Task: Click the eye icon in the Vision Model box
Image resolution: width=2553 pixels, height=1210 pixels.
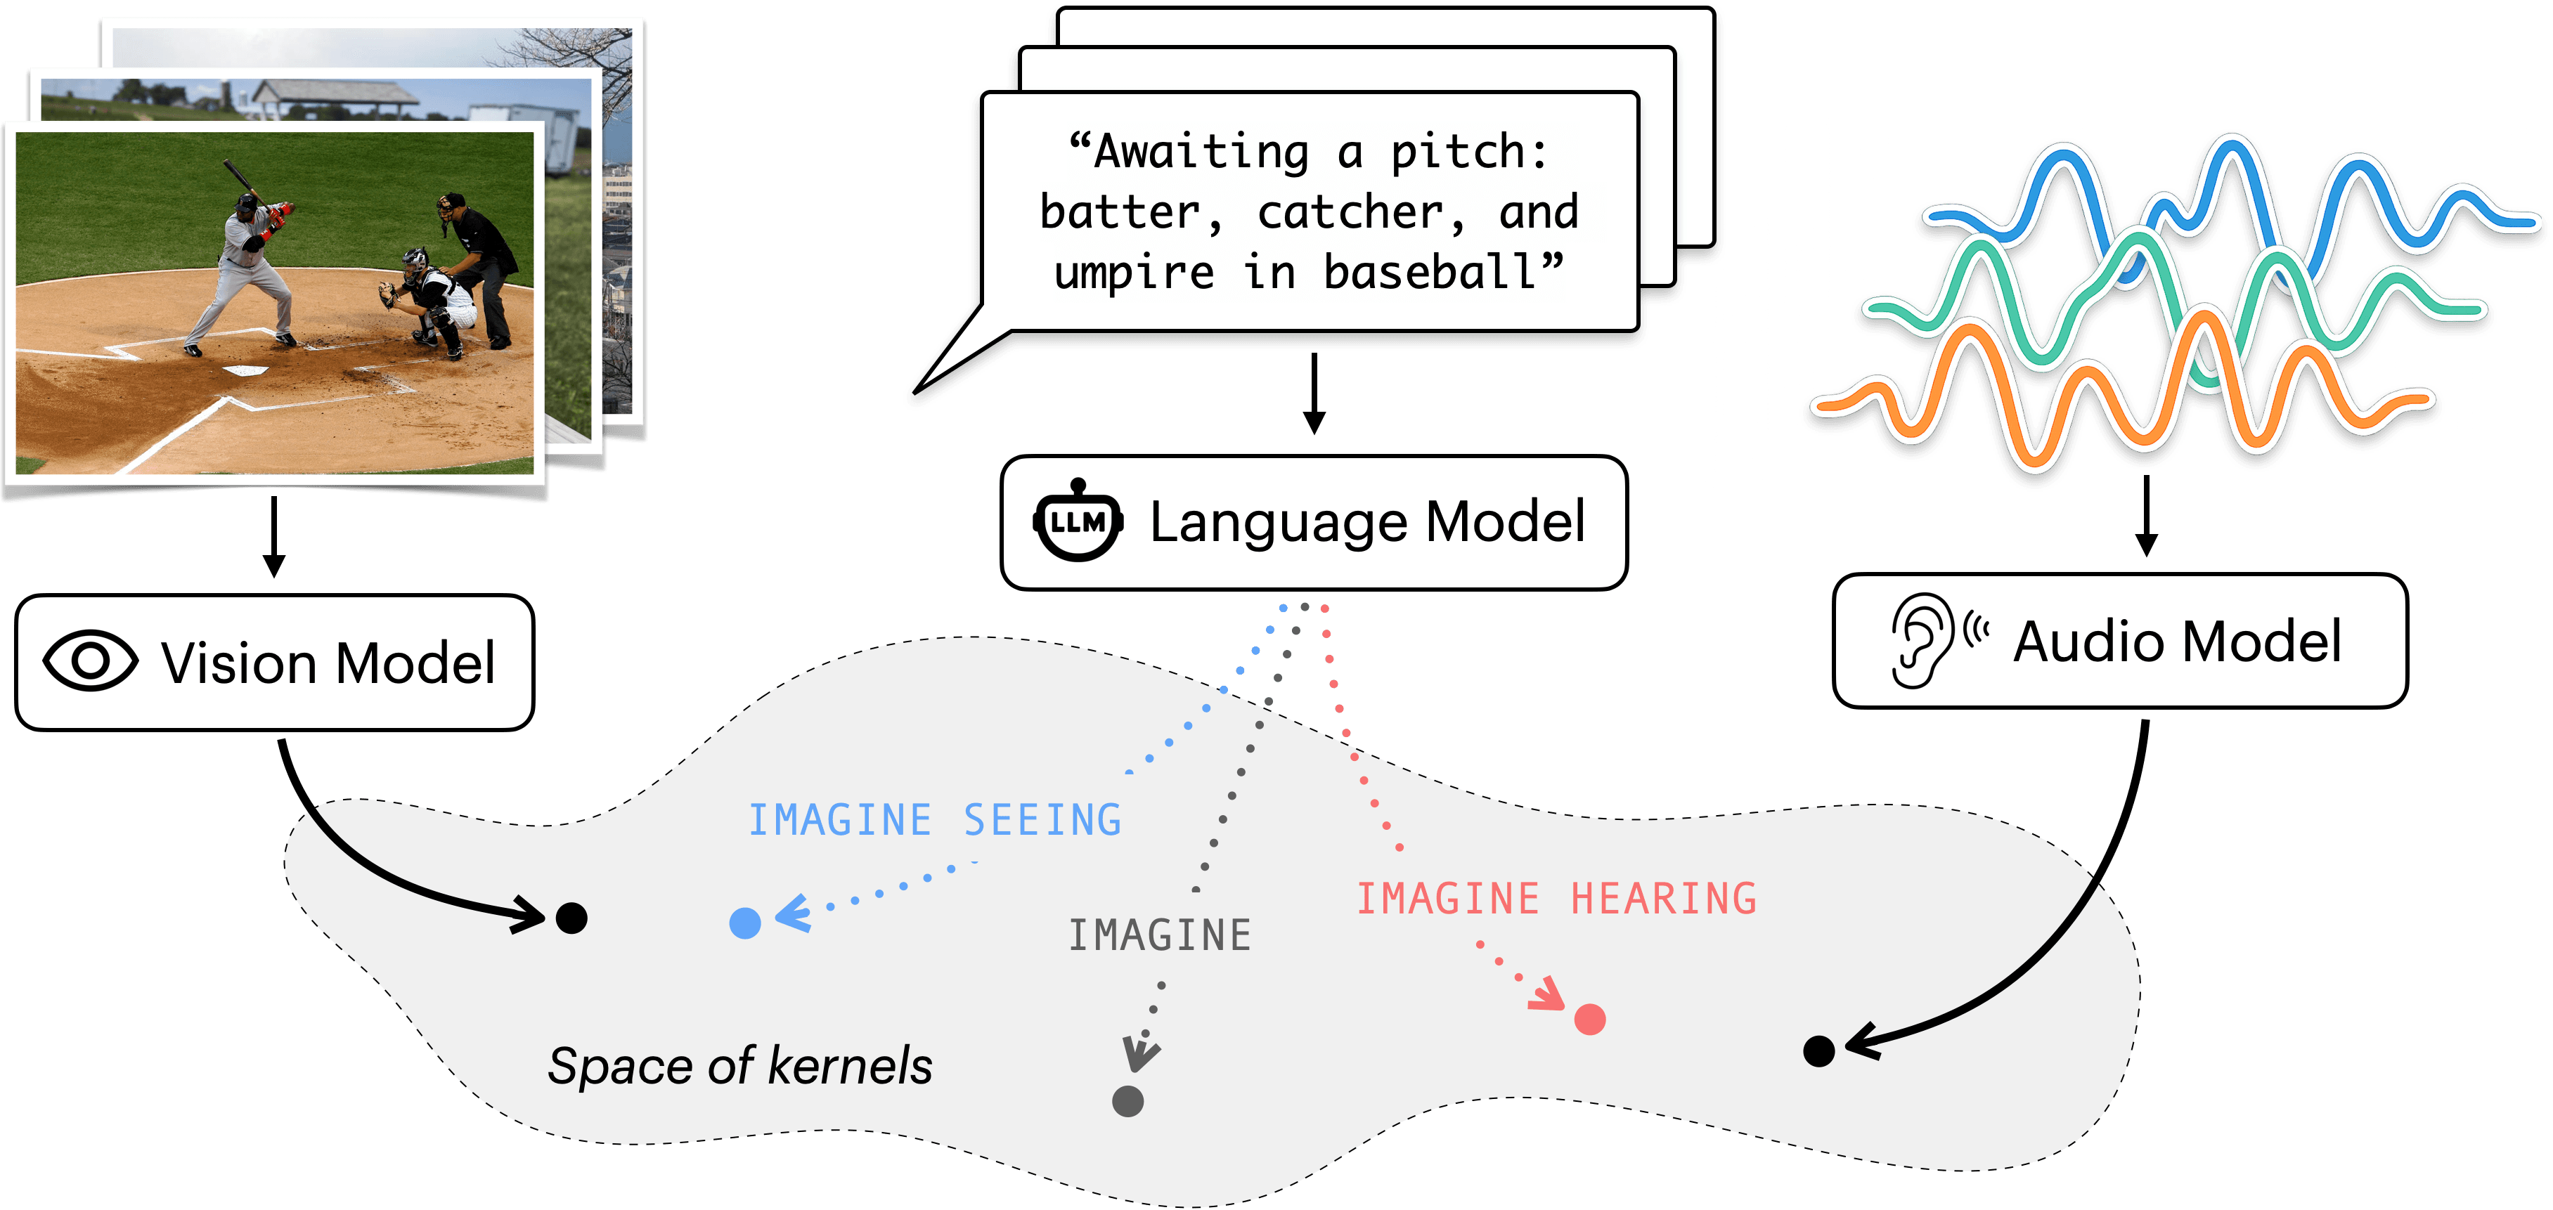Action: coord(90,661)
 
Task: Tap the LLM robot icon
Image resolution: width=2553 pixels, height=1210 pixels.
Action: coord(1078,522)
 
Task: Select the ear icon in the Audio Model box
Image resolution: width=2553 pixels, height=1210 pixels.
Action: coord(1920,640)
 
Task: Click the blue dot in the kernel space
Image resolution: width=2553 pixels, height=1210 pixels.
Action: coord(744,923)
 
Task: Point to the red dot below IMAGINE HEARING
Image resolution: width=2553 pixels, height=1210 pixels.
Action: coord(1590,1019)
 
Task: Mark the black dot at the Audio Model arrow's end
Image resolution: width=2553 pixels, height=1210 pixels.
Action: coord(1818,1051)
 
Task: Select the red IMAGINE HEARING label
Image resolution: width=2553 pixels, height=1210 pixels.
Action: coord(1556,899)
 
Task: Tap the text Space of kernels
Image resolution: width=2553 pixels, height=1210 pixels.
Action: coord(739,1067)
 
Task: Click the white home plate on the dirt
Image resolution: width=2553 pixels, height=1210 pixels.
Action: coord(245,370)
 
